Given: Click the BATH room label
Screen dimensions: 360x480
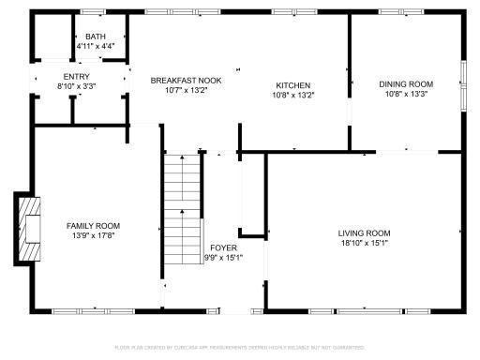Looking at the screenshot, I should point(96,36).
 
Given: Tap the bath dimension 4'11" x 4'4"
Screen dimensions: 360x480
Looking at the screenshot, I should point(96,45).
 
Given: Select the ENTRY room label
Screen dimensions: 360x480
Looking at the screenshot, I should point(77,76).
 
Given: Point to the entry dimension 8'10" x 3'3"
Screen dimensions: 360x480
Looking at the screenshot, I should point(77,85).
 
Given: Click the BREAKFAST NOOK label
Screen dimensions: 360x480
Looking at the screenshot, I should point(187,81).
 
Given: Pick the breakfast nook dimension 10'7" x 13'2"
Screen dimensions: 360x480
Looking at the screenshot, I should point(187,91).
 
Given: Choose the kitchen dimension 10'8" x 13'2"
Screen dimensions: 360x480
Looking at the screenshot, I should point(292,95).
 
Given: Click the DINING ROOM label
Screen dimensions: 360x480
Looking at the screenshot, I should point(405,84).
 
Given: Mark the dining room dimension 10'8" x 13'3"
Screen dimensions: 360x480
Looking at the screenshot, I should point(405,94).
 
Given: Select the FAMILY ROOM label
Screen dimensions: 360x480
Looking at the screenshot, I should point(93,225).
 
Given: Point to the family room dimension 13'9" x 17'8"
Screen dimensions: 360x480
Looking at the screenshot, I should point(93,235).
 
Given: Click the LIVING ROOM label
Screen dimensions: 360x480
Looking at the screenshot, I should point(365,232).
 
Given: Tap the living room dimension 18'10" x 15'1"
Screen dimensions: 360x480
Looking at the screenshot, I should point(365,243).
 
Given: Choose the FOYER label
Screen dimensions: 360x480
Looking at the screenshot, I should point(223,247).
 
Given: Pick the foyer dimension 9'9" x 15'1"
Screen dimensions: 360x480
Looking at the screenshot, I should point(223,258).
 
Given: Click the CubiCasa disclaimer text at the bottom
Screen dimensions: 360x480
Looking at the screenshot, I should point(239,347).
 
